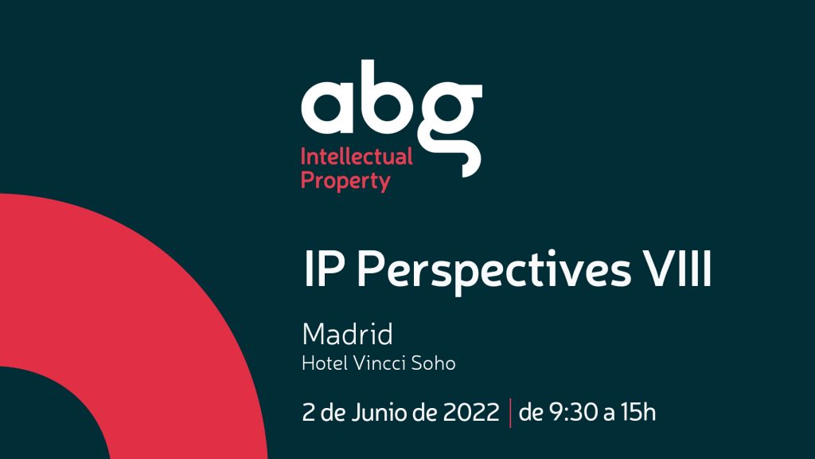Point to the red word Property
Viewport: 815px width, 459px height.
click(345, 181)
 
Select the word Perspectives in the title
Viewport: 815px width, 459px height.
click(493, 271)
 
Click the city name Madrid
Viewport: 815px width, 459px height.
click(347, 334)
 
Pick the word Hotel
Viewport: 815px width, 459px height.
click(325, 363)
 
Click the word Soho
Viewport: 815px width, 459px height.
click(434, 363)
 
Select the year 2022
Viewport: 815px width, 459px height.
click(471, 412)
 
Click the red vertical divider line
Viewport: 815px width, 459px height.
click(510, 413)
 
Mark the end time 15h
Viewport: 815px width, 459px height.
click(638, 412)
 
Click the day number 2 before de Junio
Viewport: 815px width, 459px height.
click(309, 412)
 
